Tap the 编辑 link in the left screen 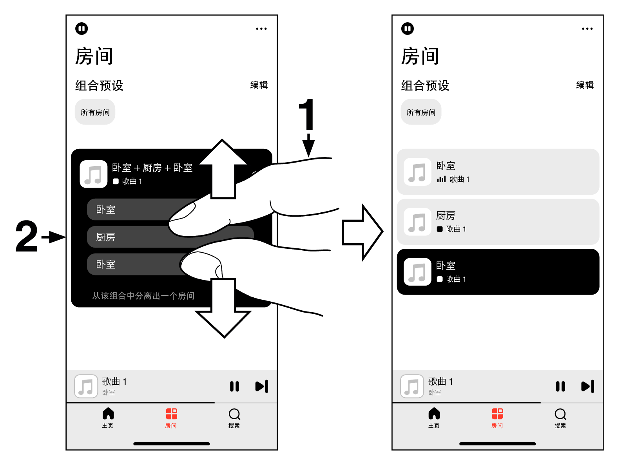point(259,85)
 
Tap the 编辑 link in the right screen point(585,85)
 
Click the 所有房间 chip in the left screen point(95,112)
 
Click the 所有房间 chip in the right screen point(421,112)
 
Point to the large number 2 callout point(27,237)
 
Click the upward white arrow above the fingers point(223,168)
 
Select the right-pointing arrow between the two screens point(361,232)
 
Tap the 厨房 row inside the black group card point(129,237)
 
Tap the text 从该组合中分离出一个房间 point(143,296)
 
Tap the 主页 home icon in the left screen point(108,414)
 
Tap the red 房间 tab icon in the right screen point(497,414)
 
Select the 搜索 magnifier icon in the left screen point(234,414)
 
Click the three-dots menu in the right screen point(587,29)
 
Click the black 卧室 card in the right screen point(498,272)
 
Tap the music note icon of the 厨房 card point(417,222)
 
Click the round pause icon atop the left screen point(82,29)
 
